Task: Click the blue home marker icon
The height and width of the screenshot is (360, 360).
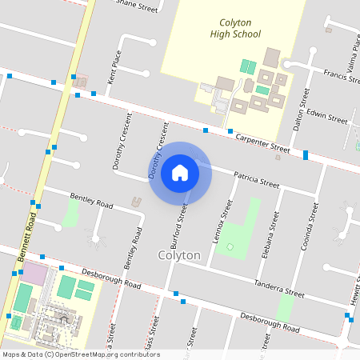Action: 180,173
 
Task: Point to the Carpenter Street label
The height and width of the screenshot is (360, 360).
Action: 262,142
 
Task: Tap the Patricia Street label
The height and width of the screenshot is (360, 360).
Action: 256,178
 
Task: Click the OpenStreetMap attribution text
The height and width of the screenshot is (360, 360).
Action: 80,354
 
